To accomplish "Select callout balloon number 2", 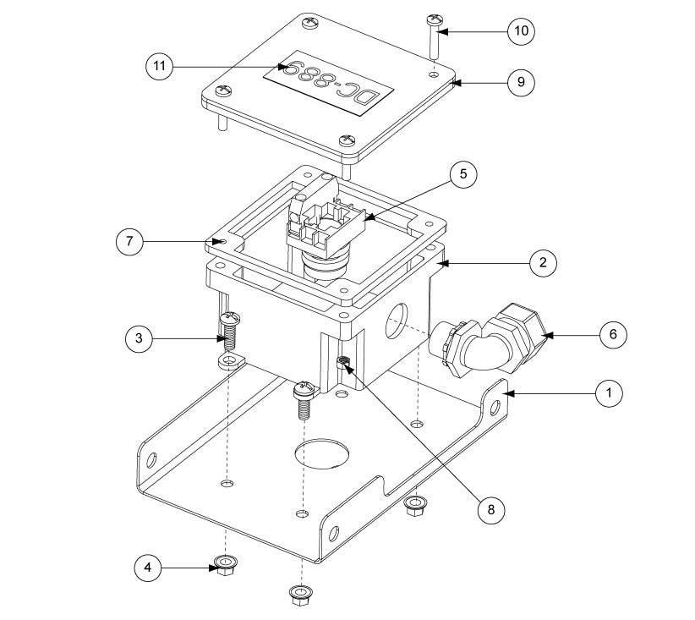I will coord(542,262).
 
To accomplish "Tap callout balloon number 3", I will coord(139,340).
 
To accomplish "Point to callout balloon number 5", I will coord(463,175).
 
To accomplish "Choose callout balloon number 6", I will coord(612,335).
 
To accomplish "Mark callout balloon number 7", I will coord(129,241).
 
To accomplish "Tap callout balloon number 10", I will coord(521,31).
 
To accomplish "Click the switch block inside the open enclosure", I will coord(324,222).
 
